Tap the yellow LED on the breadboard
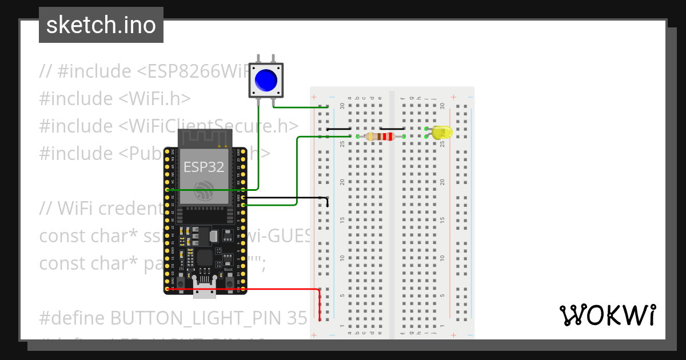click(441, 133)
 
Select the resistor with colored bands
click(381, 137)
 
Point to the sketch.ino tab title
click(101, 25)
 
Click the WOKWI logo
click(607, 315)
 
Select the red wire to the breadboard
click(257, 290)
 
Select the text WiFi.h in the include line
click(155, 99)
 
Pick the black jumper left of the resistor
click(338, 129)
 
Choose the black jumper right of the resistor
click(392, 129)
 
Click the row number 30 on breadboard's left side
click(342, 106)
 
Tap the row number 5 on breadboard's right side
click(442, 295)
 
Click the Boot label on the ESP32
click(228, 269)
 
